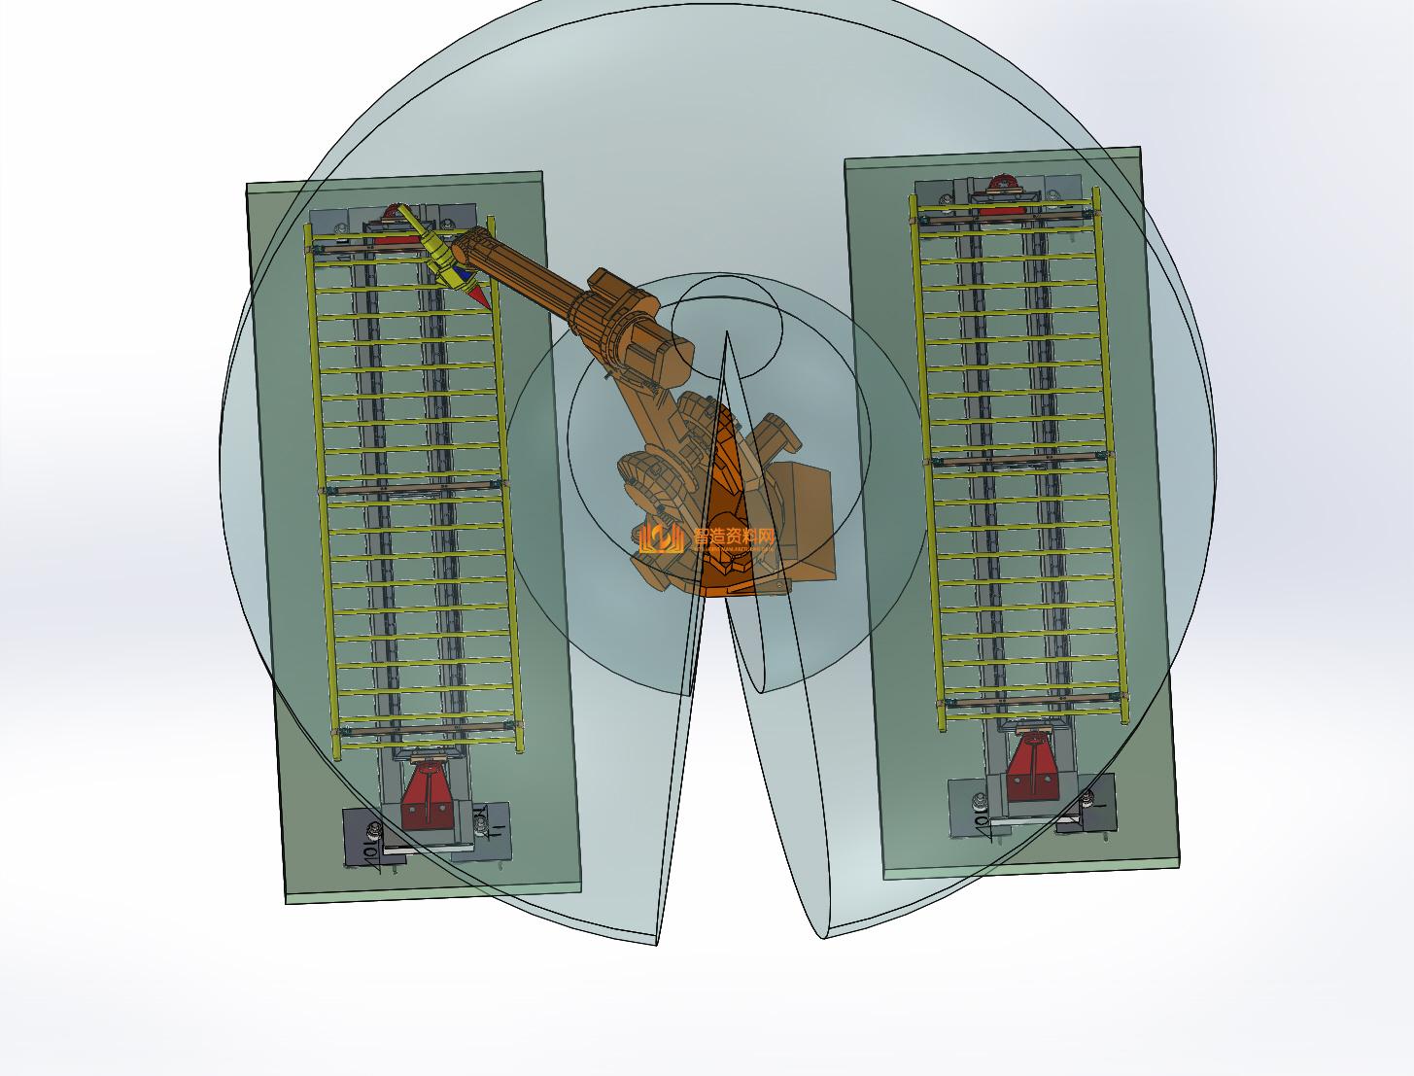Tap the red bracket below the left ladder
coord(428,797)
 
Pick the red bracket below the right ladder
coord(1032,763)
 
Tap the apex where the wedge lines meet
coord(726,333)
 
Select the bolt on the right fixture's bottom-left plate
coord(980,802)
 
